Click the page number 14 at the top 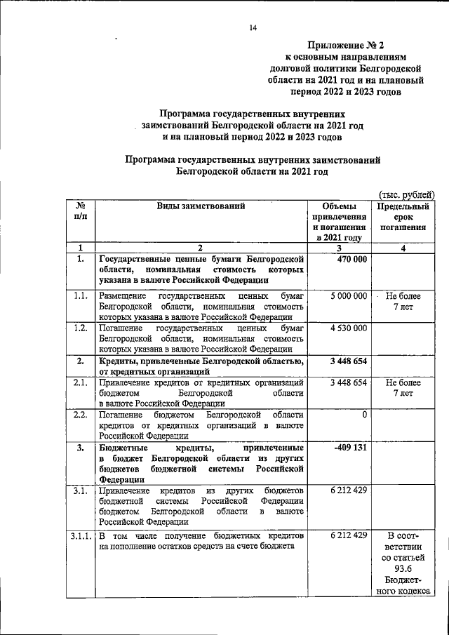point(253,27)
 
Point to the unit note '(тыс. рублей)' point(407,194)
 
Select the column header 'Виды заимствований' point(201,206)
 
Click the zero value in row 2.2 point(364,415)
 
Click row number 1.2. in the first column point(80,328)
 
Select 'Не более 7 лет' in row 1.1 point(403,302)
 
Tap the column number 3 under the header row point(339,247)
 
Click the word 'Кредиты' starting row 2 point(119,361)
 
